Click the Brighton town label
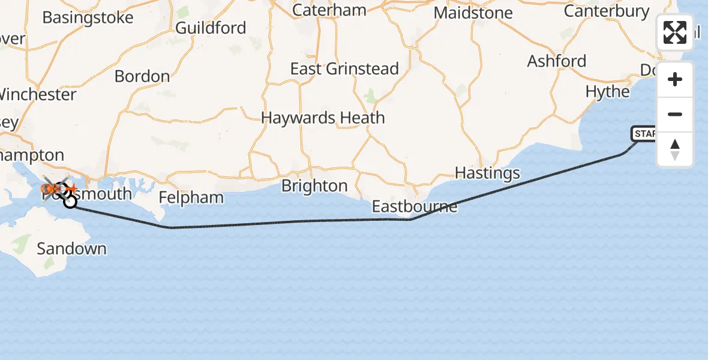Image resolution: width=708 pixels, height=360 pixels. click(x=314, y=186)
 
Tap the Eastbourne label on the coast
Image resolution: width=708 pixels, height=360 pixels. click(x=414, y=207)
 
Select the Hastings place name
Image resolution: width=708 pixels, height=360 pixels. click(x=487, y=173)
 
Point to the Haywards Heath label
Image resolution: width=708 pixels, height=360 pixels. click(x=323, y=118)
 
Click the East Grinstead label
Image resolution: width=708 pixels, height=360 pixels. click(x=344, y=69)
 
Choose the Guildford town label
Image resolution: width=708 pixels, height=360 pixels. click(x=211, y=28)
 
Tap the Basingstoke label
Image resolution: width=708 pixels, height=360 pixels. click(x=88, y=17)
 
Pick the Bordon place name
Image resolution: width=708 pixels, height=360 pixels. click(x=142, y=77)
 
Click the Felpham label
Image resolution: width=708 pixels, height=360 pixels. click(x=191, y=197)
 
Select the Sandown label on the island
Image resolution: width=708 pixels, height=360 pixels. click(x=71, y=248)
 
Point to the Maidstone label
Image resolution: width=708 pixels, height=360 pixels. click(x=473, y=13)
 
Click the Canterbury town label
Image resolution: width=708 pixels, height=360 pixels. click(x=607, y=11)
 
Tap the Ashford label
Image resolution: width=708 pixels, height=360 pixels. click(x=556, y=61)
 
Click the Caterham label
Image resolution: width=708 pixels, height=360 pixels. click(x=329, y=10)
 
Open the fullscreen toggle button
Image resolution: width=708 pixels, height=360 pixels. click(x=675, y=32)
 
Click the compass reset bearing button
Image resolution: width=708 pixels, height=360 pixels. click(x=675, y=149)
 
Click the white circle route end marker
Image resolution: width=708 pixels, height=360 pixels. click(x=70, y=202)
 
